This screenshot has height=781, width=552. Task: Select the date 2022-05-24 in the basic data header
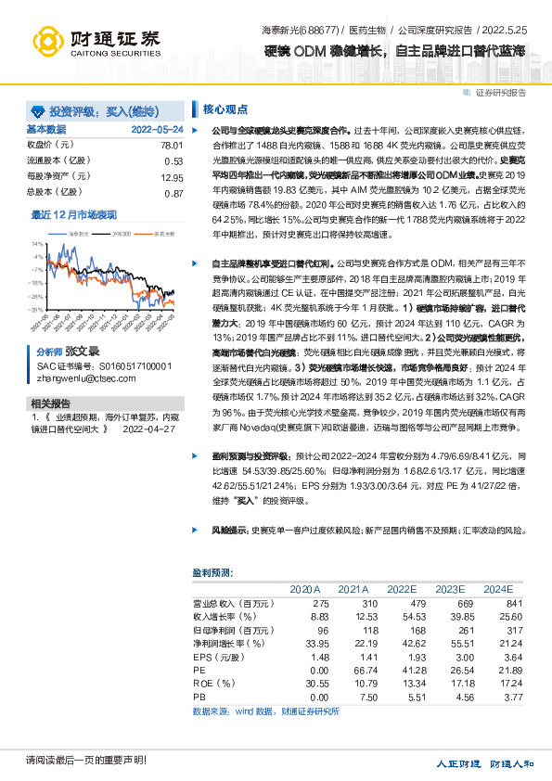point(157,130)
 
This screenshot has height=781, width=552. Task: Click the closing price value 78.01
point(172,146)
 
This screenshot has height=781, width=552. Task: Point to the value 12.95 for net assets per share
point(172,177)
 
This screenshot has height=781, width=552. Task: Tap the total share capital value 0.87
point(173,193)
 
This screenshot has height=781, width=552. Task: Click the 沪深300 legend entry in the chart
point(118,235)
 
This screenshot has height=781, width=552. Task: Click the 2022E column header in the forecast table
point(401,589)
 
